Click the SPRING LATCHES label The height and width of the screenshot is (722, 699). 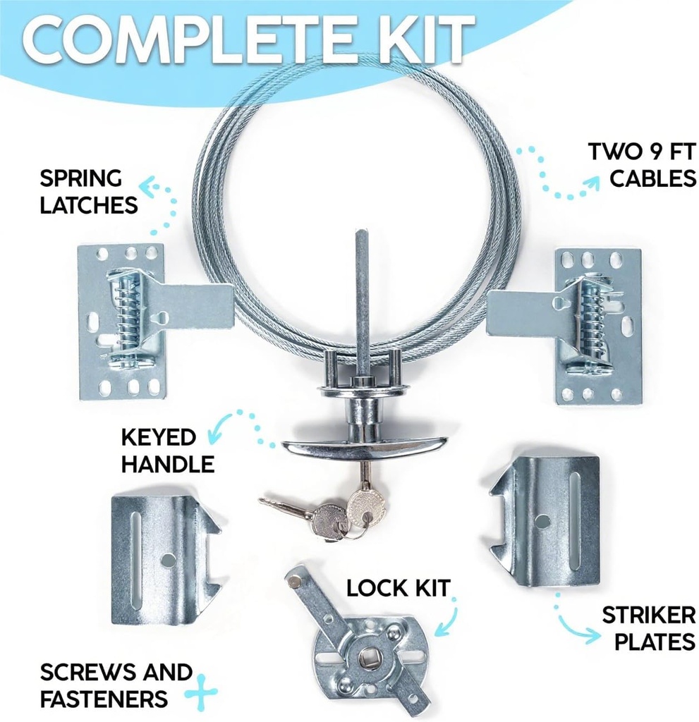(88, 190)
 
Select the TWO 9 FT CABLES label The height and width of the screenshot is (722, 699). (642, 164)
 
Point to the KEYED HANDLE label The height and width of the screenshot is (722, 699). (168, 450)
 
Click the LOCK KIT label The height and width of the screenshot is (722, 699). (398, 587)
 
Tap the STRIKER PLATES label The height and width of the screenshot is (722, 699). (648, 628)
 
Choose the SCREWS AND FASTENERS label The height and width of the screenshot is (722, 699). (115, 685)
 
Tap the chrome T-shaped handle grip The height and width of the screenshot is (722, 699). (364, 445)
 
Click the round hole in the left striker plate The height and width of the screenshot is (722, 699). (168, 561)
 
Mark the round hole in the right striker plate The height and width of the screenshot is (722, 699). (543, 520)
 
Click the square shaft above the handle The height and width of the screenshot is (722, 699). (362, 296)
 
